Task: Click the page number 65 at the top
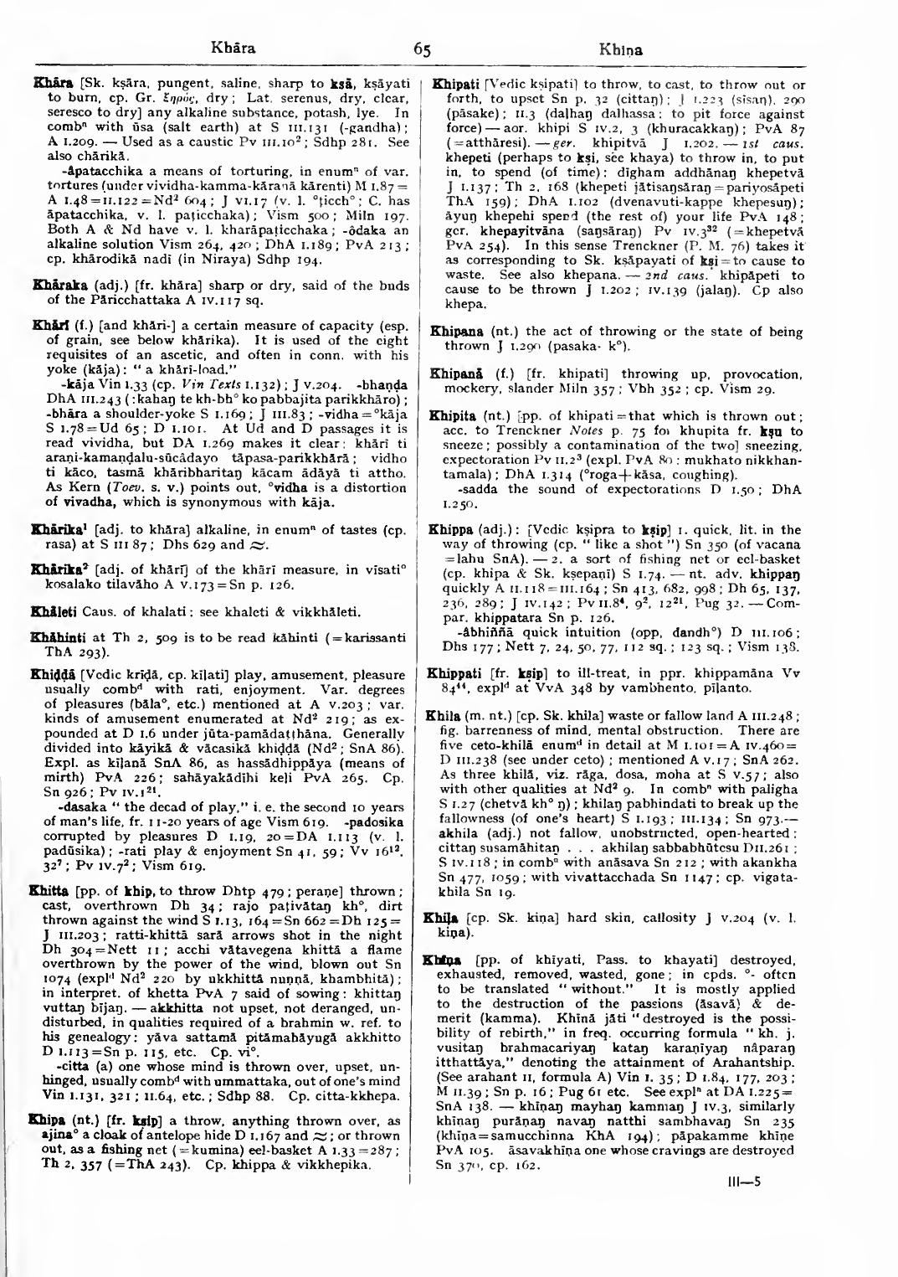pyautogui.click(x=422, y=49)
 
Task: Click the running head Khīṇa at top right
pyautogui.click(x=621, y=49)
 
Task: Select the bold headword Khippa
pyautogui.click(x=450, y=530)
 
